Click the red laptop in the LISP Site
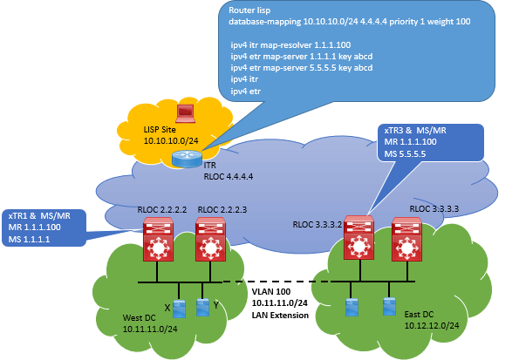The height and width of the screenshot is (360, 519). [x=185, y=113]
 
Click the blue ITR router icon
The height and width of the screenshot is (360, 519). [x=187, y=159]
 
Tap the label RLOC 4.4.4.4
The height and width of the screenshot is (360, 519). [x=229, y=177]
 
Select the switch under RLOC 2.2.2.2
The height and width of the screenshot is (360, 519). [x=158, y=239]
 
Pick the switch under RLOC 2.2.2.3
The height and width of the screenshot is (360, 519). [x=210, y=239]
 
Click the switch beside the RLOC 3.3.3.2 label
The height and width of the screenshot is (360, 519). [x=359, y=237]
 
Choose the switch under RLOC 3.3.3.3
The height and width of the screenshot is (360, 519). [x=406, y=239]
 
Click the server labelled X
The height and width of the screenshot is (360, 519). [x=180, y=309]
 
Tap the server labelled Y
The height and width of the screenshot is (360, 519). [x=202, y=308]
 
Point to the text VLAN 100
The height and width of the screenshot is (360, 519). [x=271, y=291]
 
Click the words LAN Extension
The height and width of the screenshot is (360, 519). [x=280, y=316]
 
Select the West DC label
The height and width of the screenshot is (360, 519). [x=139, y=318]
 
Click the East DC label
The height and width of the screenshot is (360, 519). [x=419, y=315]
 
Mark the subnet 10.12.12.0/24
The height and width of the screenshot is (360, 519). [x=432, y=326]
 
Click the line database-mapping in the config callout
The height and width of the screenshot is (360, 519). [x=350, y=22]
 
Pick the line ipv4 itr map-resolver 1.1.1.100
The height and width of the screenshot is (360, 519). [x=290, y=45]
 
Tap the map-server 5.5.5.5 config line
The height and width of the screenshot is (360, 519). [x=302, y=68]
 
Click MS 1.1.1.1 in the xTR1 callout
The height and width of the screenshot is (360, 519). [x=29, y=239]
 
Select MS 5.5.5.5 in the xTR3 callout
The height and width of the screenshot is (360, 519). [x=405, y=154]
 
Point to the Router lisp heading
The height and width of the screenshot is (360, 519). [x=249, y=10]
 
